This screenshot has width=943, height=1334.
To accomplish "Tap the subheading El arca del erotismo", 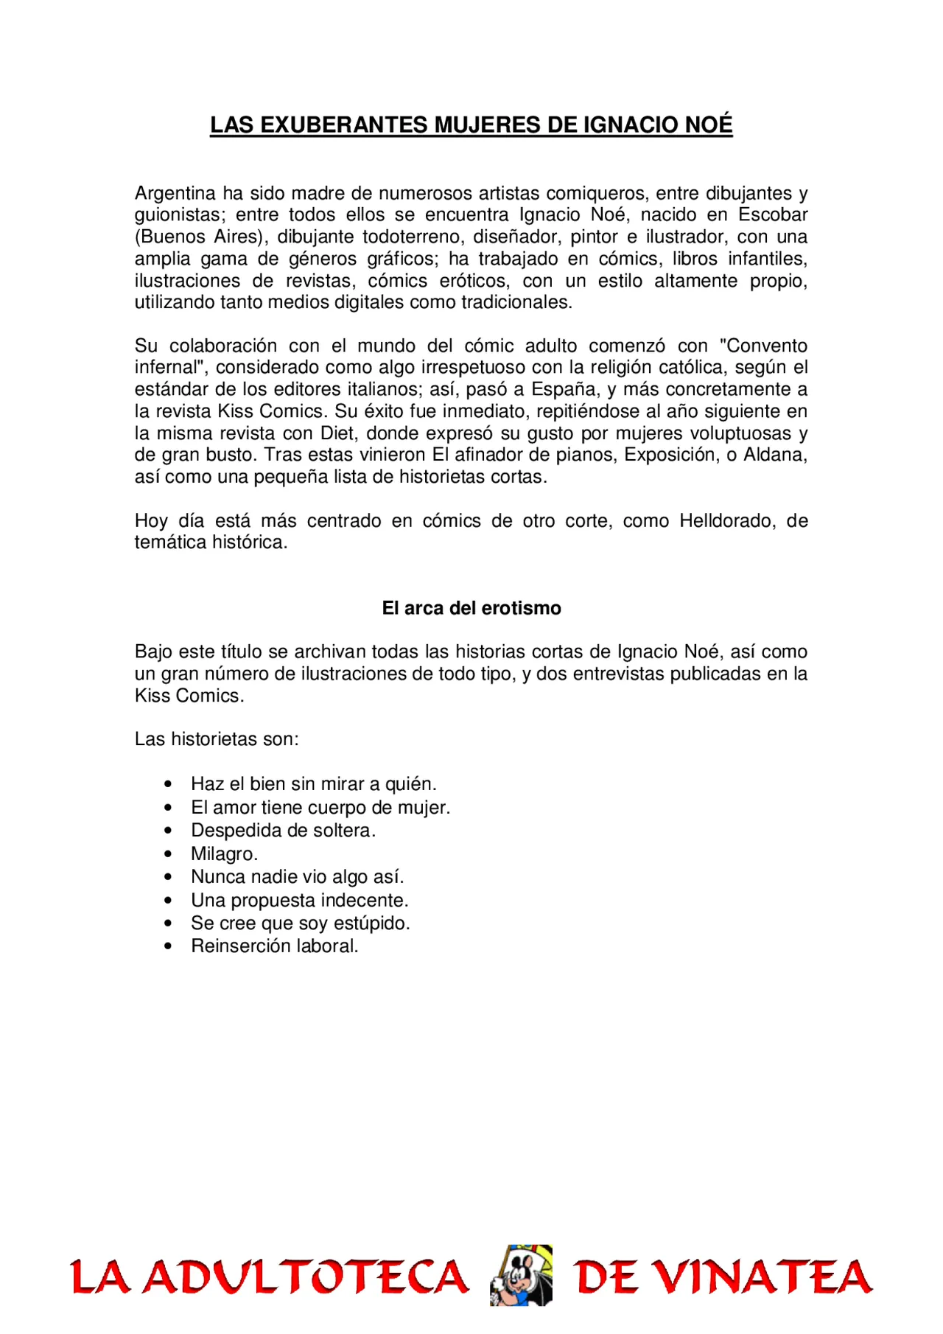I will click(471, 608).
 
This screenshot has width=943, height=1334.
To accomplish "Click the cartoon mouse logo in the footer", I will click(521, 1276).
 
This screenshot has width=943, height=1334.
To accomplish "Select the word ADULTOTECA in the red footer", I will click(305, 1277).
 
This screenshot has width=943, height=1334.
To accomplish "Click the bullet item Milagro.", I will click(224, 854).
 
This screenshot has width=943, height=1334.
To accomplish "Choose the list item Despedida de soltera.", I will click(283, 831).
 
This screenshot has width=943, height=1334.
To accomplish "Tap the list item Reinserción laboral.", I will click(274, 946).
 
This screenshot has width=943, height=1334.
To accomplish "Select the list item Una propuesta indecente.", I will click(299, 901).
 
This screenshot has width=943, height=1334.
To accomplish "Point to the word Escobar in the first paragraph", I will click(773, 215).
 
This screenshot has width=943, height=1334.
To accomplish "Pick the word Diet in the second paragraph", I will click(338, 433).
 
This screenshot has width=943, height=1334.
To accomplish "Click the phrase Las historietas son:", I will click(217, 739).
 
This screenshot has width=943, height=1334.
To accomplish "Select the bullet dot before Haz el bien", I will click(169, 784).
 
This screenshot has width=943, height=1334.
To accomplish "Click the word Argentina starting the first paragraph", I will click(175, 193).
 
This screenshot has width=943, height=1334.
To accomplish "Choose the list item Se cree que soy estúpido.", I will click(300, 923).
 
